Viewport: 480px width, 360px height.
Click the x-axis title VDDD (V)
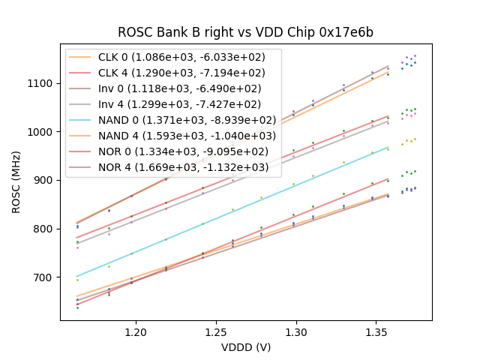245,347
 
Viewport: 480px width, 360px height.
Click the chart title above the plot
245,33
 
